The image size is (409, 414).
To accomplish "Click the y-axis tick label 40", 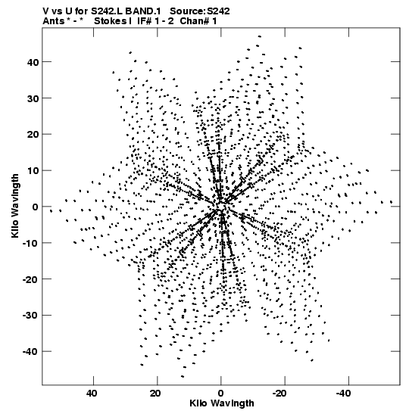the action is coord(33,63).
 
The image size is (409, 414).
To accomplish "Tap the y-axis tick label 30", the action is coord(33,98).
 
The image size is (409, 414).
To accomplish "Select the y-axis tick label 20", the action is coord(33,135).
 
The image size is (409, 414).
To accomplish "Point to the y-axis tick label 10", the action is coord(33,171).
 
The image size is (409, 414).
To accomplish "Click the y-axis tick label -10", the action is coord(30,244).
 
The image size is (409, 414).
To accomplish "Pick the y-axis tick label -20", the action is coord(30,279).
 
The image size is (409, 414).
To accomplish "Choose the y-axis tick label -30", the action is coord(30,316).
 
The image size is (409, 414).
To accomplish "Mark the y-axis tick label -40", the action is coord(30,352).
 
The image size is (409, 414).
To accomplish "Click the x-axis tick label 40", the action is coord(92,394).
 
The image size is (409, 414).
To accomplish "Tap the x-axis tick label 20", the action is coord(155,394).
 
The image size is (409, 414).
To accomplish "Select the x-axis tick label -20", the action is coord(279,394).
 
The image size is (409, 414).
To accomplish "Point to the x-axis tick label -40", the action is coord(343,394).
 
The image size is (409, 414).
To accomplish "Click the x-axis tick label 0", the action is coord(220,394).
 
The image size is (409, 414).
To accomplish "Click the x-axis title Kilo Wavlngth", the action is coord(222,403).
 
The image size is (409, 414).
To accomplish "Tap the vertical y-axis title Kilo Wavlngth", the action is coord(15,206).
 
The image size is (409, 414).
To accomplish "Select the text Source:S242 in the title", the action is coord(200,11).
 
